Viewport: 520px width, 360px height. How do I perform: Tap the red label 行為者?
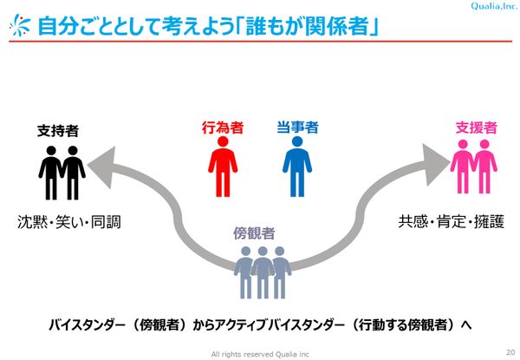(x=224, y=128)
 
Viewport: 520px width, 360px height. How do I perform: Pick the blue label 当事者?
(x=298, y=128)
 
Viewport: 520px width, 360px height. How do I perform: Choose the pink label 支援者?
(x=475, y=128)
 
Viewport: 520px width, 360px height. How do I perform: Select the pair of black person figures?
(x=62, y=172)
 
